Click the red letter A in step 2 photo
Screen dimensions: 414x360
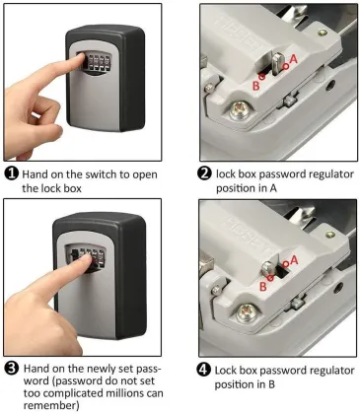pos(292,60)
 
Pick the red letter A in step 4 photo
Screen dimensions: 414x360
pos(292,262)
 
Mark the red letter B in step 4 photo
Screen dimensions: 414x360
pos(262,286)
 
